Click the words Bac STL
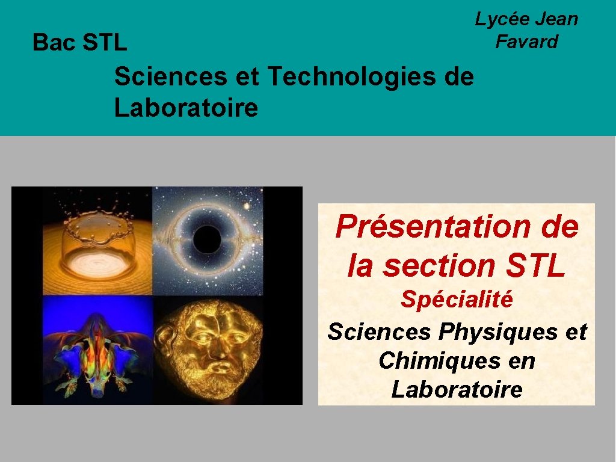click(x=79, y=43)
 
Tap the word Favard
click(x=526, y=42)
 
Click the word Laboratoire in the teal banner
click(x=186, y=109)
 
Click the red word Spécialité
click(x=457, y=299)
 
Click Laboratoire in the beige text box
click(x=457, y=390)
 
